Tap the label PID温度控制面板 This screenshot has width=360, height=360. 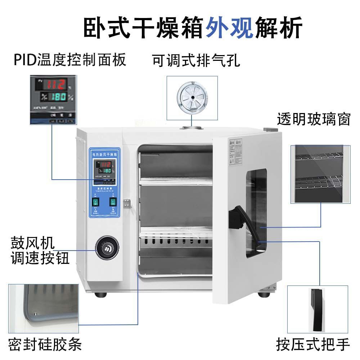point(70,59)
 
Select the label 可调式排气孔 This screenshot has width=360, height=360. point(196,60)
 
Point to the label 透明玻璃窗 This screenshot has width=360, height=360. point(314,119)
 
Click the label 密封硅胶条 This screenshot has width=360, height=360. point(45,344)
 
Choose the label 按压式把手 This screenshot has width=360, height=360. point(313,344)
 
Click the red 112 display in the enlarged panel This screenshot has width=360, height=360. point(54,85)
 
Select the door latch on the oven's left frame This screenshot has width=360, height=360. point(126,203)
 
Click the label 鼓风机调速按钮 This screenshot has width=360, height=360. point(40,250)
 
